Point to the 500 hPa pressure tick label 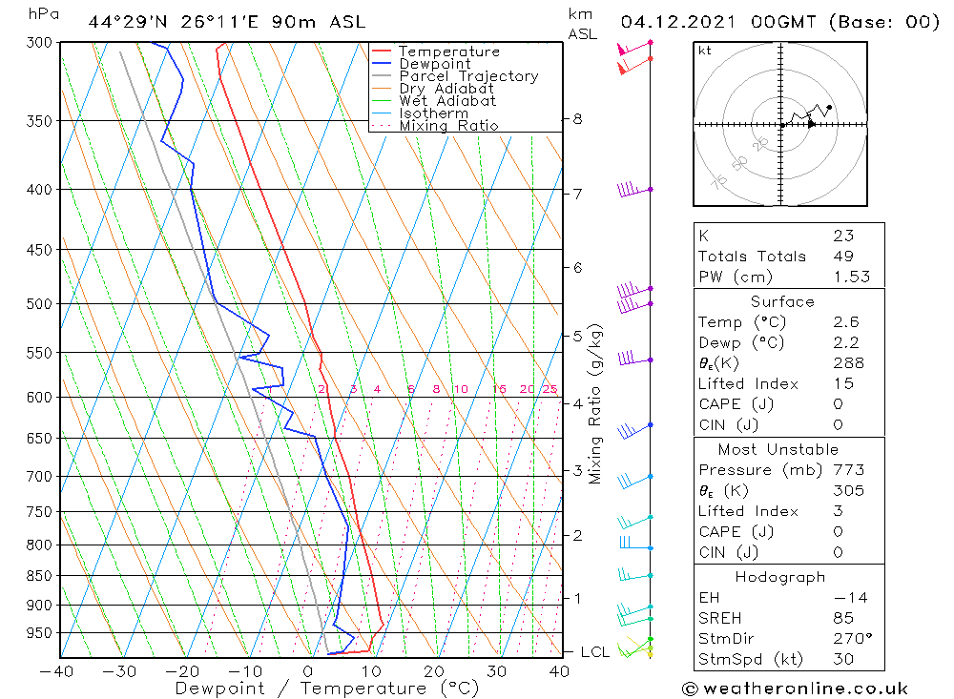point(39,304)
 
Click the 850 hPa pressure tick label point(39,576)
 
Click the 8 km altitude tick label point(577,119)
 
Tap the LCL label point(595,652)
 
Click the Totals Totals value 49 point(842,256)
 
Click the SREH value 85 point(842,618)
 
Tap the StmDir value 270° point(847,638)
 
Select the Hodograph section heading point(780,577)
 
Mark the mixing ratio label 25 point(549,389)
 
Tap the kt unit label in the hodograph point(704,51)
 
